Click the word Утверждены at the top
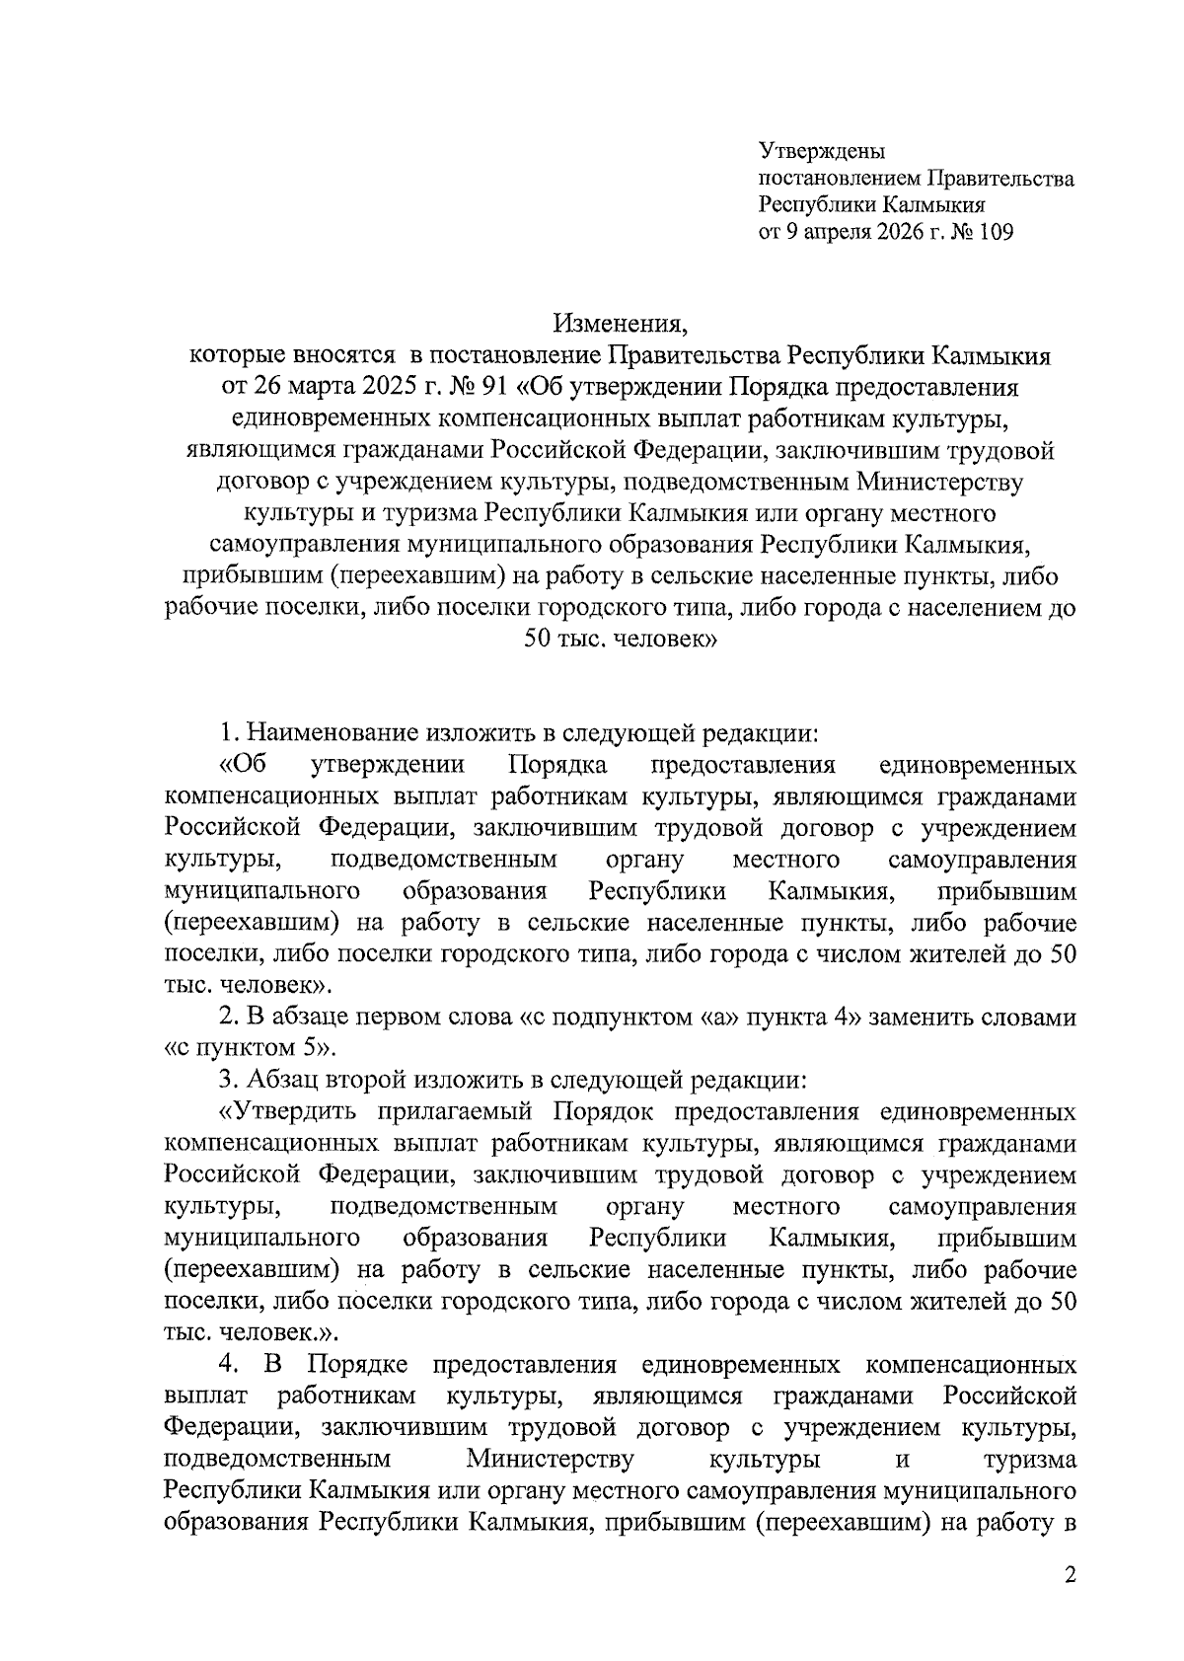822,152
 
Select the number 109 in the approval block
995,233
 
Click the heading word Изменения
619,323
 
